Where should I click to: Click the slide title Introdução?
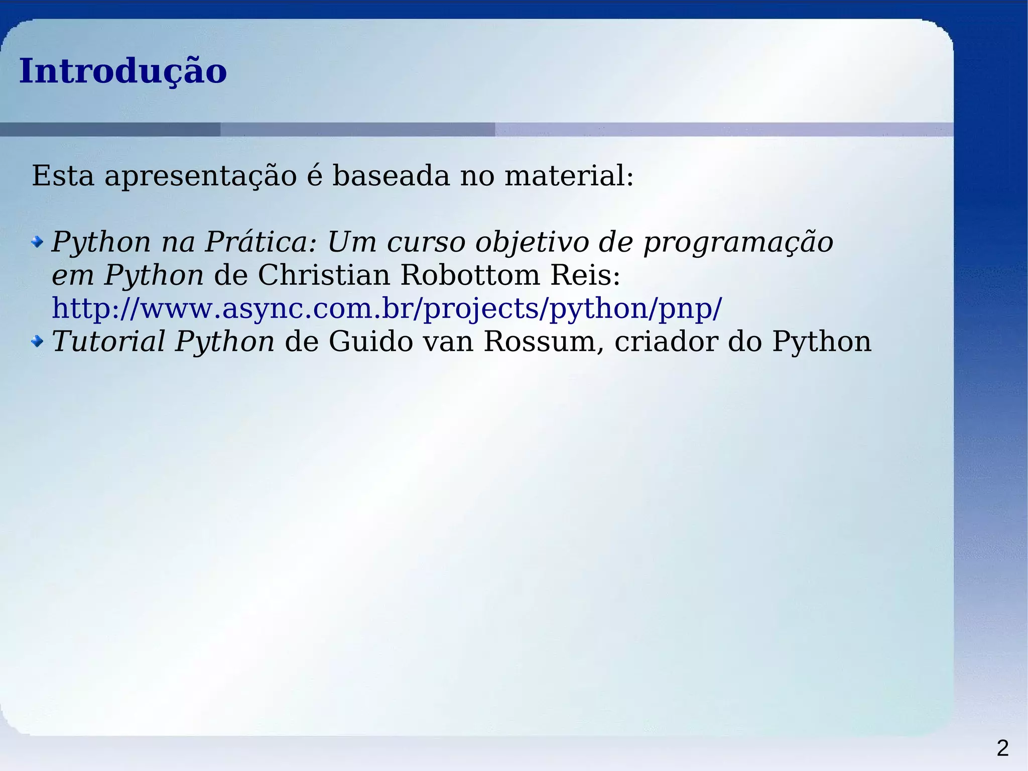[123, 71]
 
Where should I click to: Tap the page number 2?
[1002, 748]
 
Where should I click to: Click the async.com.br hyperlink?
[387, 308]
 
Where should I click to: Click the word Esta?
[63, 176]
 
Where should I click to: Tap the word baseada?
[391, 176]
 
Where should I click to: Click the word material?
[569, 176]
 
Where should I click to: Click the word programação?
[738, 242]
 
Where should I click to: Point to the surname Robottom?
[470, 275]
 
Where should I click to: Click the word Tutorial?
[108, 342]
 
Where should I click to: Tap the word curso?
[426, 242]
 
